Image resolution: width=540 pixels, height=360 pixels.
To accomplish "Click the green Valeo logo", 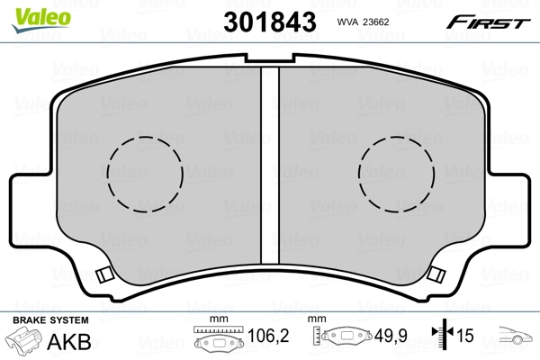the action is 41,19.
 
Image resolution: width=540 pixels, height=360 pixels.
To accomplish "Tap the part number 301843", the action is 270,22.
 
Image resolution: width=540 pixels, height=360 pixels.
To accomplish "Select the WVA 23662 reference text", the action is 363,22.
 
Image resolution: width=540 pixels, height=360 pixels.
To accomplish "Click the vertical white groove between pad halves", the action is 270,165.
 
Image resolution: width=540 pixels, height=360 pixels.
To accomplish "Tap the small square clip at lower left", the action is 104,274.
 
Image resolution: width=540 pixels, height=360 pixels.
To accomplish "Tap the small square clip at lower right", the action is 436,274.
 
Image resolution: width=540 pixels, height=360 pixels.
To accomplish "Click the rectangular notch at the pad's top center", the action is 270,58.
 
